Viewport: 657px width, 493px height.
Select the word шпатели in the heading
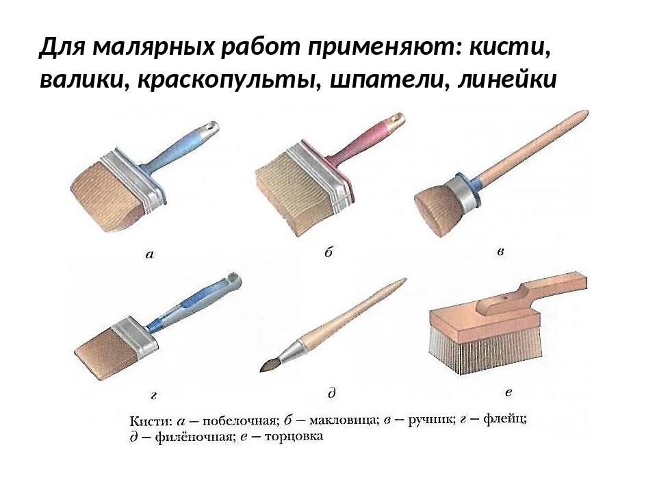coord(386,79)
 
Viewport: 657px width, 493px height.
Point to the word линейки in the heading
coord(507,79)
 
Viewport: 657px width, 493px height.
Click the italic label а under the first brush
coord(150,254)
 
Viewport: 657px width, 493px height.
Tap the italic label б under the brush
coord(328,252)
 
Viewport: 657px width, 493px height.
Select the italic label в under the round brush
coord(500,252)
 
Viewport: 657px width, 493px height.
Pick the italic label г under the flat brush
coord(154,395)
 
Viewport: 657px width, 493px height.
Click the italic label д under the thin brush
coord(331,393)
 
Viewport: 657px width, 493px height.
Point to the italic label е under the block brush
coord(508,393)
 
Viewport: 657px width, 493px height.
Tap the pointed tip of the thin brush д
coord(261,370)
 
